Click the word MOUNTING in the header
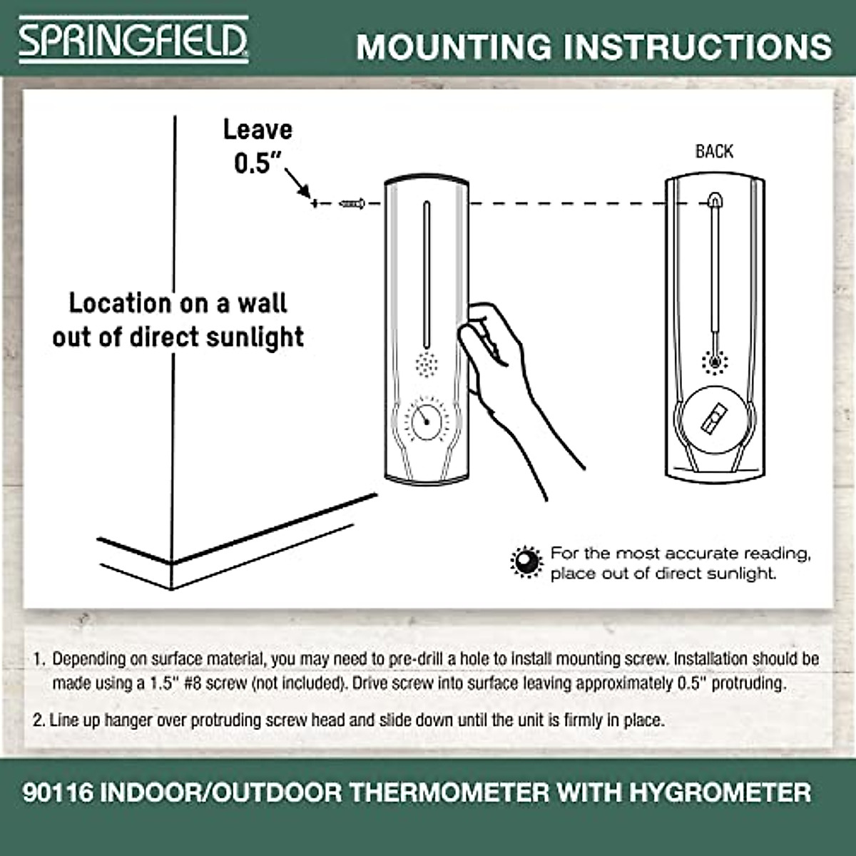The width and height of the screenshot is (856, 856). pos(454,46)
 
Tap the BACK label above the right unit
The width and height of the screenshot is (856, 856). pos(714,151)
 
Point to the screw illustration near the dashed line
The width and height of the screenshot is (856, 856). pos(352,204)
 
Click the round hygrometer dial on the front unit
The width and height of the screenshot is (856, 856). pos(426,420)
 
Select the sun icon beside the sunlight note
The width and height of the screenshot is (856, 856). pos(526,562)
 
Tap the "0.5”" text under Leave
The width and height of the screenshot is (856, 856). pos(254,163)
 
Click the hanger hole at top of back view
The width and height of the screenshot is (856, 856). pos(714,200)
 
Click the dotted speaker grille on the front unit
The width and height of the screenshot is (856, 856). pos(427,365)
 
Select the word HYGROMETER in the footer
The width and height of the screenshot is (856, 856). pos(720,793)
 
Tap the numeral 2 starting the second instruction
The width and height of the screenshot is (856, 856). pos(37,720)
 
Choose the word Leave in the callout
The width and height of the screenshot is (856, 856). pos(258,130)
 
